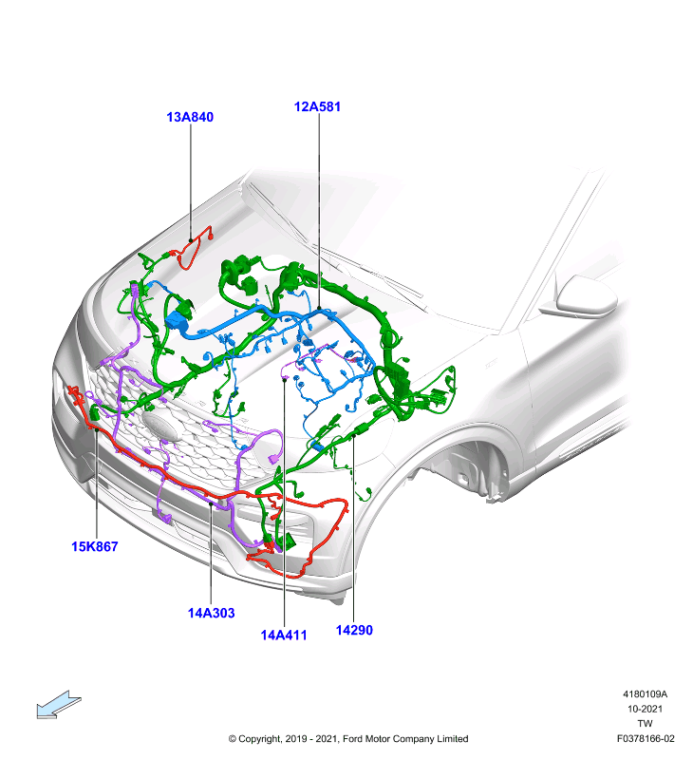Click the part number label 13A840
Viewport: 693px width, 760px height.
[x=190, y=117]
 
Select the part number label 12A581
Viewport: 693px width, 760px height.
[x=317, y=106]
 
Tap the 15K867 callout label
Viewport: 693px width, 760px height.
[x=94, y=546]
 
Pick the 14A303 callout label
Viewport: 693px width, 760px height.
[x=211, y=613]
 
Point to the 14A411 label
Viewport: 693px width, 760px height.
[x=284, y=635]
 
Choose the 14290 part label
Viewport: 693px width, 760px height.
[x=354, y=630]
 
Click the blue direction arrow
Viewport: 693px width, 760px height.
[x=59, y=704]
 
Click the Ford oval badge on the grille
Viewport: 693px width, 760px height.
[x=162, y=426]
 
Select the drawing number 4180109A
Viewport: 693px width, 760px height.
[x=645, y=694]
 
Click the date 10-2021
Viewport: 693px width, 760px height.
[x=645, y=709]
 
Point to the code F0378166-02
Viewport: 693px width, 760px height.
[x=645, y=739]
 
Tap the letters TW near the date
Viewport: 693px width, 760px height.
[x=645, y=724]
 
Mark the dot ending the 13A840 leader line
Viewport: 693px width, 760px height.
[x=191, y=240]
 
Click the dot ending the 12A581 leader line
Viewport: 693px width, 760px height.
[x=319, y=308]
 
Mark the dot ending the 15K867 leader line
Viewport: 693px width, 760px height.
[x=97, y=429]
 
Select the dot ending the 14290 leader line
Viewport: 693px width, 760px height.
[x=354, y=436]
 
